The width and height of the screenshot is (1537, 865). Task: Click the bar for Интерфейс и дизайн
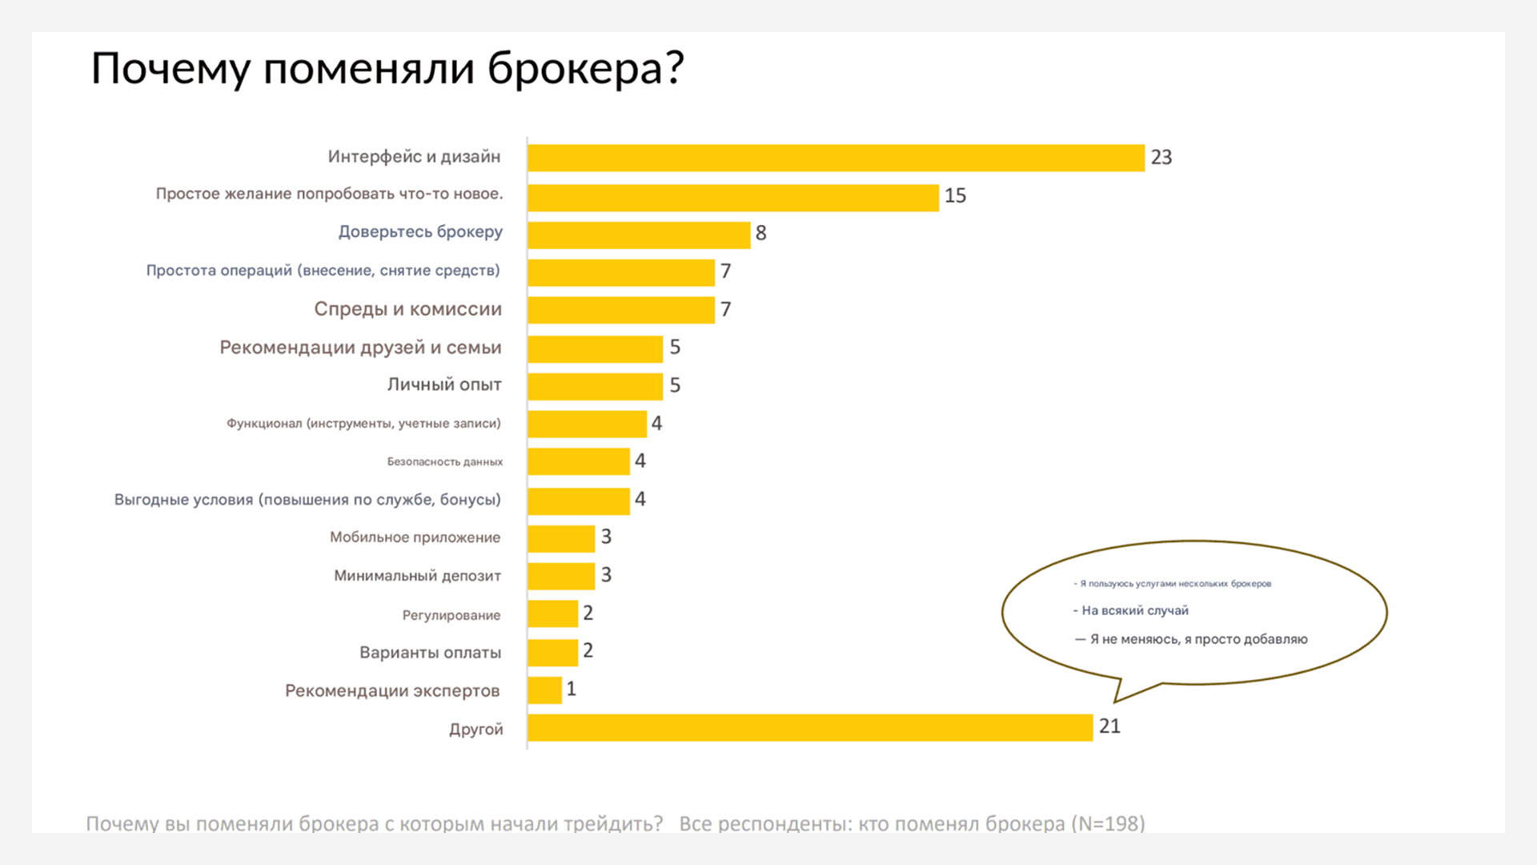pos(836,158)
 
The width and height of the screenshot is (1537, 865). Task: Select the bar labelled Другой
pos(810,727)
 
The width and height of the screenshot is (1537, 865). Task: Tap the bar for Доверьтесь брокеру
pos(639,235)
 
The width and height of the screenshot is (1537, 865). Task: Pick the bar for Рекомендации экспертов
pos(544,690)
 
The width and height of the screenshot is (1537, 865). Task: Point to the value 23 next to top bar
pos(1161,158)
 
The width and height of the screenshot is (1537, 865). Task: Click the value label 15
pos(955,196)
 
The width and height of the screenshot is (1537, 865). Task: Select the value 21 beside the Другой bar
pos(1110,726)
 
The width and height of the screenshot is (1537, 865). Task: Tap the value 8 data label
pos(760,233)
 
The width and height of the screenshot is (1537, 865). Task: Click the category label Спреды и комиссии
pos(407,309)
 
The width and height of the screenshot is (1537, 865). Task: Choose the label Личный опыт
pos(444,384)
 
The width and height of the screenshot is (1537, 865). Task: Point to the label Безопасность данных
pos(444,461)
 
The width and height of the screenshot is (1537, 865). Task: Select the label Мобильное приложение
pos(415,537)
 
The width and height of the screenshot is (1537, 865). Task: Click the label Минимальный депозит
pos(417,576)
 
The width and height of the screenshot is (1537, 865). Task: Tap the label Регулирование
pos(451,615)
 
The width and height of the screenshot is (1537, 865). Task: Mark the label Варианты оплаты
pos(430,653)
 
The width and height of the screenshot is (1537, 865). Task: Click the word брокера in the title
pos(585,69)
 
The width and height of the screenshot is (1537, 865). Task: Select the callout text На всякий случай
pos(1134,610)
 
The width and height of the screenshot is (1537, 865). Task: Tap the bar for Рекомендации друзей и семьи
pos(595,349)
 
